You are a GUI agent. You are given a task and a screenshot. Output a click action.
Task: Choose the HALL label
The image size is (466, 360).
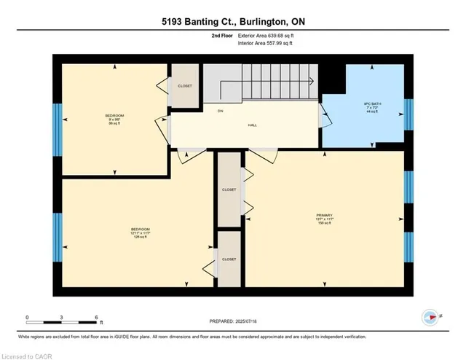(x=252, y=125)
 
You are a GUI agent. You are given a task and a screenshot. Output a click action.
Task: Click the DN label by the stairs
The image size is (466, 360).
(x=219, y=111)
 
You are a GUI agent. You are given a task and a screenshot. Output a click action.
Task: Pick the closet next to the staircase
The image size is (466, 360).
(x=185, y=85)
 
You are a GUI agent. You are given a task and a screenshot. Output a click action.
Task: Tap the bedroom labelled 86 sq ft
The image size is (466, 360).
(x=115, y=120)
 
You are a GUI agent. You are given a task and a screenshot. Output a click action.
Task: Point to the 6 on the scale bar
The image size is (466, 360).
(x=97, y=318)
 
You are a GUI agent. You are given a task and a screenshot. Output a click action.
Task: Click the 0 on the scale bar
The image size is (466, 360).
(x=27, y=318)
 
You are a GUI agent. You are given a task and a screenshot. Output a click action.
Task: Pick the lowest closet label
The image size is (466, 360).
(x=229, y=259)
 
